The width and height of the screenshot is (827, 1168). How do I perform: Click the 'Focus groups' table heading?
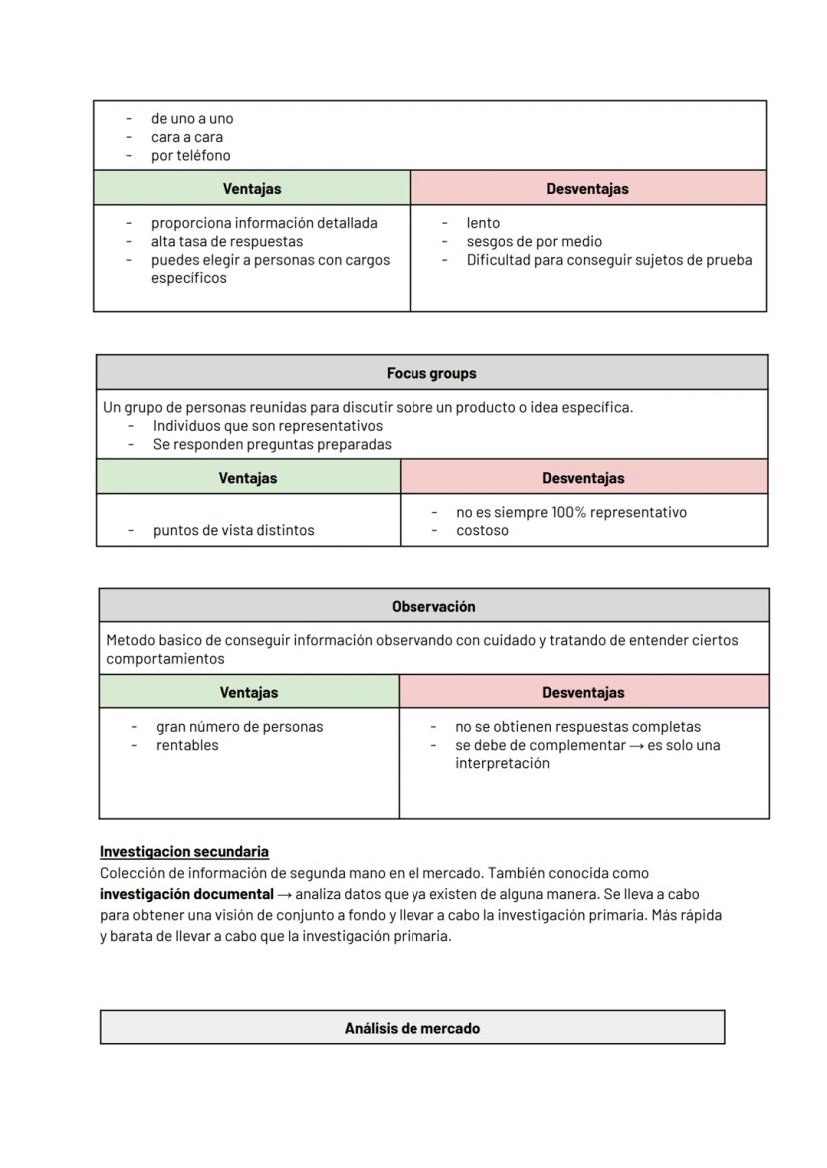pos(431,373)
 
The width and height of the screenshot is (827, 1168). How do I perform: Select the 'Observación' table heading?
pos(433,606)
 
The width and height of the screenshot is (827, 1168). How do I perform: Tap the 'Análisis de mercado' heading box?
pos(412,1028)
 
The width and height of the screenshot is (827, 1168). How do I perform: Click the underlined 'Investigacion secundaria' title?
pos(184,852)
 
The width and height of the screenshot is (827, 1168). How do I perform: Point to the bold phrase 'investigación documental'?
pos(186,894)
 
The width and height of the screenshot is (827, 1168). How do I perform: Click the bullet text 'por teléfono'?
pos(190,155)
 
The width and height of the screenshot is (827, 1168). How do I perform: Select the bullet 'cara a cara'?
pos(186,137)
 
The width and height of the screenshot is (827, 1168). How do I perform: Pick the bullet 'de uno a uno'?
pos(191,118)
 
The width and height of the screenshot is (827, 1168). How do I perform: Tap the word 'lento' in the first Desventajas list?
pos(483,223)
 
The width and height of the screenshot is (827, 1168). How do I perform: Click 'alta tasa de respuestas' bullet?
pos(226,241)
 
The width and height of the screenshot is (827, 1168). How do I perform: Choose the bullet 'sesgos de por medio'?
pos(533,241)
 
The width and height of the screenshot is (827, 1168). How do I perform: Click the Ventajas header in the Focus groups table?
pos(248,478)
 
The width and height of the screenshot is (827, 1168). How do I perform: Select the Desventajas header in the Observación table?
pos(583,692)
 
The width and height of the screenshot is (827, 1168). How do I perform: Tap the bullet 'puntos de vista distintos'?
pos(233,530)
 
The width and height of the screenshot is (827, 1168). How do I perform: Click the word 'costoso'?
pos(482,530)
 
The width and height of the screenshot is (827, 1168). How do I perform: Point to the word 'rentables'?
pos(186,745)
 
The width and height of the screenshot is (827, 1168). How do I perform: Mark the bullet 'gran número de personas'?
pos(239,727)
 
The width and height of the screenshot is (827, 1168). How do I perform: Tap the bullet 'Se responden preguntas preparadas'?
pos(272,444)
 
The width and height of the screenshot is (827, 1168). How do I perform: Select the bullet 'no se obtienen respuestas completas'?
pos(578,727)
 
